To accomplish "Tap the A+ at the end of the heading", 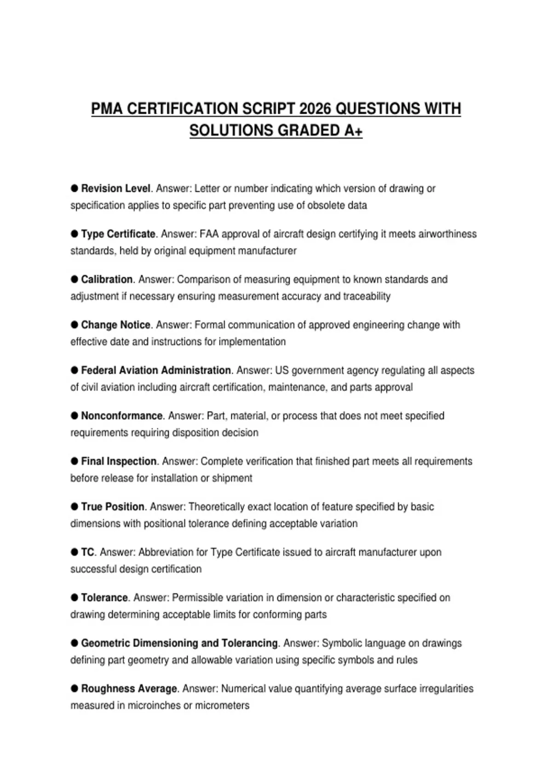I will (353, 131).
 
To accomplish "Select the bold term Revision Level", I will (115, 188).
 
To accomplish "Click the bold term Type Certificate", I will (118, 234).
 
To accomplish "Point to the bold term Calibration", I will (107, 280).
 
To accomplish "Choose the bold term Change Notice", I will (115, 325).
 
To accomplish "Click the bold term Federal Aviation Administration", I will (156, 370).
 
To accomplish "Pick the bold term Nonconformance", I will (122, 416).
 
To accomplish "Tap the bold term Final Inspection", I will (119, 461).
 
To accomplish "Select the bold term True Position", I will (113, 507).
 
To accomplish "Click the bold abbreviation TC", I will (87, 552).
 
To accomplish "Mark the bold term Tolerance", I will (104, 597).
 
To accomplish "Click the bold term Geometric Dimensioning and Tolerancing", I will (179, 643).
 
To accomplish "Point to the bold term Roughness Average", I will (129, 689).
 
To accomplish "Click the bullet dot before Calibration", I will (75, 279).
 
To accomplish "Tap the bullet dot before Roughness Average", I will (75, 688).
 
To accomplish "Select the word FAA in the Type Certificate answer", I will (209, 234).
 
